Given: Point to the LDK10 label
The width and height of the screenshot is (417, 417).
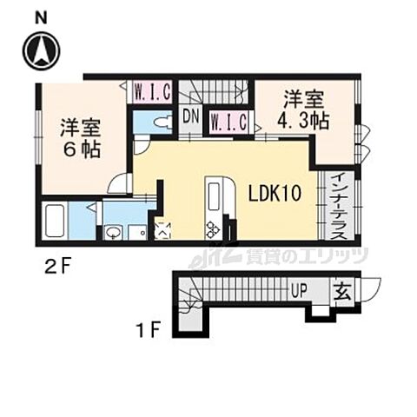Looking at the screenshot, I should click(x=274, y=193).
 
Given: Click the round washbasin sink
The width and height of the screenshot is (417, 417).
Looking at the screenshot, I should click(x=113, y=232).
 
